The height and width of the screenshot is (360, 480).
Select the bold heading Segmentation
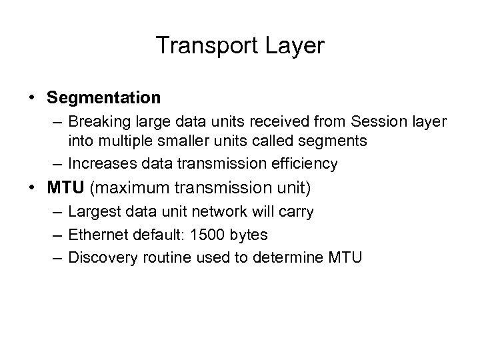coord(104,98)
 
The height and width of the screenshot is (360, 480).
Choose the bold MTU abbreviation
coord(64,188)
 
